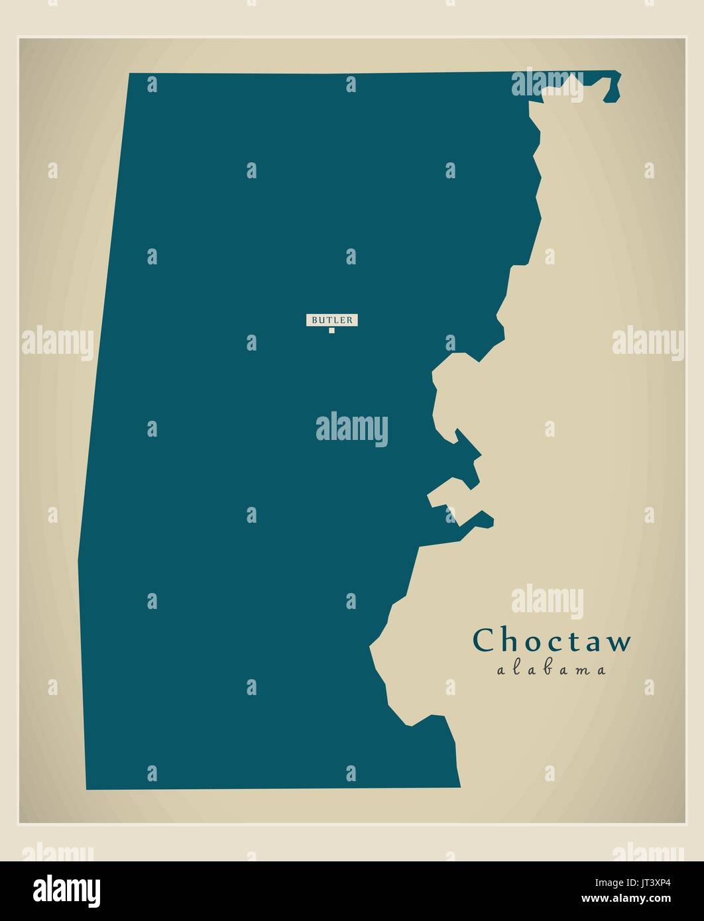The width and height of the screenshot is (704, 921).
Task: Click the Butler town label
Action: [332, 320]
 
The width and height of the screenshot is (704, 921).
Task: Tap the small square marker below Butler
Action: [332, 330]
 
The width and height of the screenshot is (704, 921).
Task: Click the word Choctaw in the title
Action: [552, 641]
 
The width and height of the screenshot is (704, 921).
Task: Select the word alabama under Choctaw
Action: [552, 670]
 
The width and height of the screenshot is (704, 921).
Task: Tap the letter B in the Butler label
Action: [314, 320]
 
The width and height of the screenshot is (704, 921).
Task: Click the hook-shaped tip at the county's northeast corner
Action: [614, 87]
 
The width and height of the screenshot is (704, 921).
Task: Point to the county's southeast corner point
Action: [460, 787]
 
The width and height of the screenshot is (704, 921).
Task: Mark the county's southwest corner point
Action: [86, 789]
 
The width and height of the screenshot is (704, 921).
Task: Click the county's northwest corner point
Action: [129, 74]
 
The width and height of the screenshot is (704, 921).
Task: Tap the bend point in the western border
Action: [78, 561]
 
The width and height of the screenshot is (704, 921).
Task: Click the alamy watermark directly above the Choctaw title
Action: [547, 600]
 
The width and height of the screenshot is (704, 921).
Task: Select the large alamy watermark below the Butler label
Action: [351, 429]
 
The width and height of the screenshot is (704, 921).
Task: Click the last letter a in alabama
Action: [601, 671]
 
